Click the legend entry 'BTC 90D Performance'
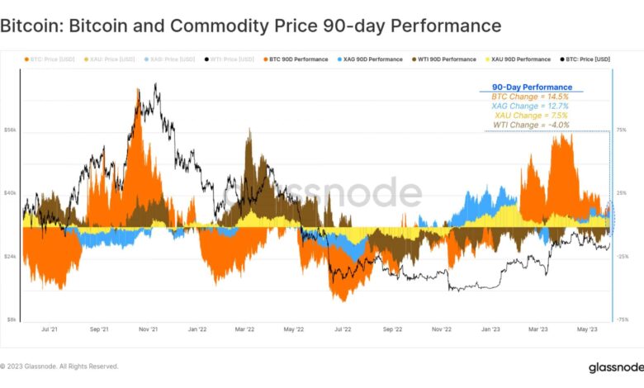pyautogui.click(x=298, y=59)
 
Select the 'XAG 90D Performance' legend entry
pyautogui.click(x=374, y=59)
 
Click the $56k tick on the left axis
pyautogui.click(x=10, y=130)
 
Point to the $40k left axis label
pyautogui.click(x=10, y=193)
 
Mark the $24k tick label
pyautogui.click(x=10, y=257)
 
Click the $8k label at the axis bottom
pyautogui.click(x=11, y=319)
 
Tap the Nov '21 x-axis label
pyautogui.click(x=149, y=329)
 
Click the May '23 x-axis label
pyautogui.click(x=587, y=329)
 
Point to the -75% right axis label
pyautogui.click(x=623, y=319)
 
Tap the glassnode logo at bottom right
pyautogui.click(x=614, y=367)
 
